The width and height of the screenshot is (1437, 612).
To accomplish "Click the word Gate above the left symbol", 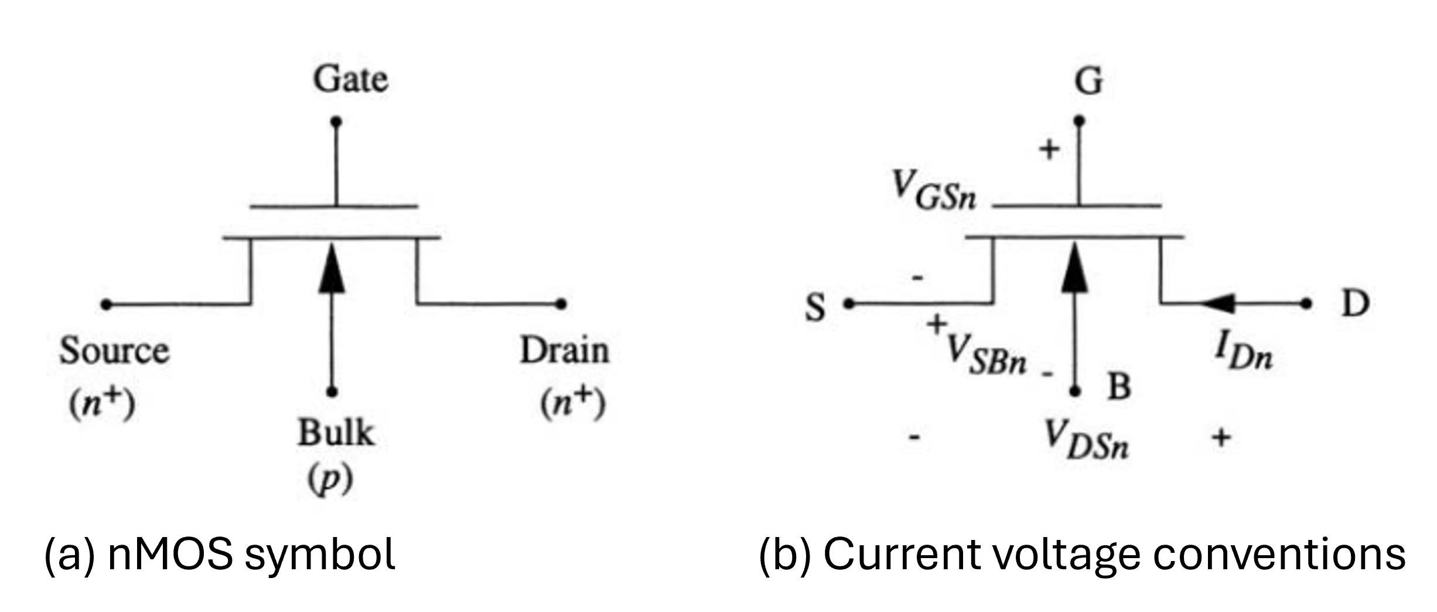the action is coord(350,80).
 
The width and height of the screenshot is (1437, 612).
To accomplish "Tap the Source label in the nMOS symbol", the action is coord(114,351).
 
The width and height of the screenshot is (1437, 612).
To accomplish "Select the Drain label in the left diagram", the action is coord(565,351).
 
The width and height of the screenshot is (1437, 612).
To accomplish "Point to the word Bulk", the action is coord(336,433).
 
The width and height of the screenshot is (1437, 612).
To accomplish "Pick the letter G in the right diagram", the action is coord(1088,81).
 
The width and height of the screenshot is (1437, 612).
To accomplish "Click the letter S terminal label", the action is coord(815,307).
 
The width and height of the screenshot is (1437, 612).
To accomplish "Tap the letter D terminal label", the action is coord(1355,304).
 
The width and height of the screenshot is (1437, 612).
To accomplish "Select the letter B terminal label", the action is coord(1119,387).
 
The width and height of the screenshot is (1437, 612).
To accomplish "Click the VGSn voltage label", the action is coord(934,191).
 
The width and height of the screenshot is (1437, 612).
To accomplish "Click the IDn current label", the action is coord(1243,353).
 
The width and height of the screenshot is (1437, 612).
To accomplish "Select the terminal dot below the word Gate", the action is coord(336,122).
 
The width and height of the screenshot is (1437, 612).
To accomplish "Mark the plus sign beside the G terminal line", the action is coord(1049,150).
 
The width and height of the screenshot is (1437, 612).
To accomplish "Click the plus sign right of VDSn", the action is coord(1221,437).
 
